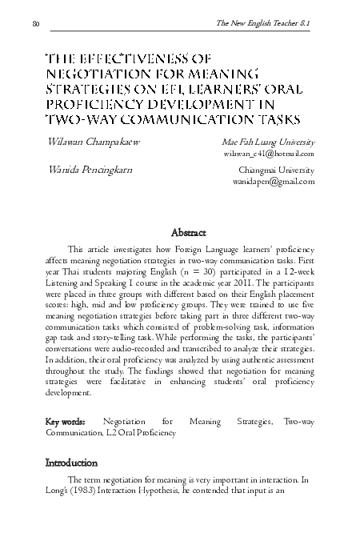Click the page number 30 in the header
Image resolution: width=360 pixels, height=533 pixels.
36,25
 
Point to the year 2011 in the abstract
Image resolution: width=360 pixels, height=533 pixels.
245,282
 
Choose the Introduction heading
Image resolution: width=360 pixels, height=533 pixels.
71,463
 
